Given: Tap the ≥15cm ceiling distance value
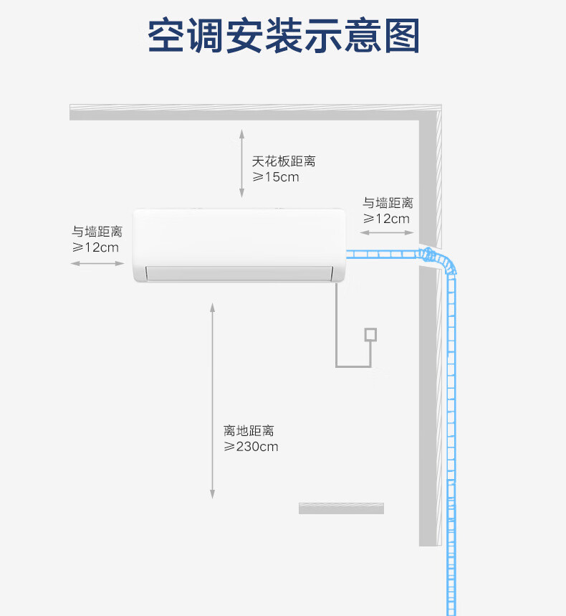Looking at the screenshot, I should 275,177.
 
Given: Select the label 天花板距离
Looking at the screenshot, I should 283,161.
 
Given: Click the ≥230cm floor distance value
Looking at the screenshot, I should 251,447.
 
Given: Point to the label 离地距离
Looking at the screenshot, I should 249,431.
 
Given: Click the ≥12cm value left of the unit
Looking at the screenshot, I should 95,247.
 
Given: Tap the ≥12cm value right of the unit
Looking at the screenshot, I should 386,219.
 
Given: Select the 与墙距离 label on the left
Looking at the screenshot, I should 97,232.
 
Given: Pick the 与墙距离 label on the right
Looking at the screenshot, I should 388,203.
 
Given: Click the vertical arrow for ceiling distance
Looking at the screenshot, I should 242,164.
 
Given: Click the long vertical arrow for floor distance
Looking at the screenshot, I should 212,400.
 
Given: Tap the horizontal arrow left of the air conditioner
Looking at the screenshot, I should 97,264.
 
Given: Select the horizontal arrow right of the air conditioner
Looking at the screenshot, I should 385,232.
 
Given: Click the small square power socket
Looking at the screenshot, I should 370,334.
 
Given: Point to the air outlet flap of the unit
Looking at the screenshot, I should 239,273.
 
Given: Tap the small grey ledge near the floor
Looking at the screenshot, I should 341,508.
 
